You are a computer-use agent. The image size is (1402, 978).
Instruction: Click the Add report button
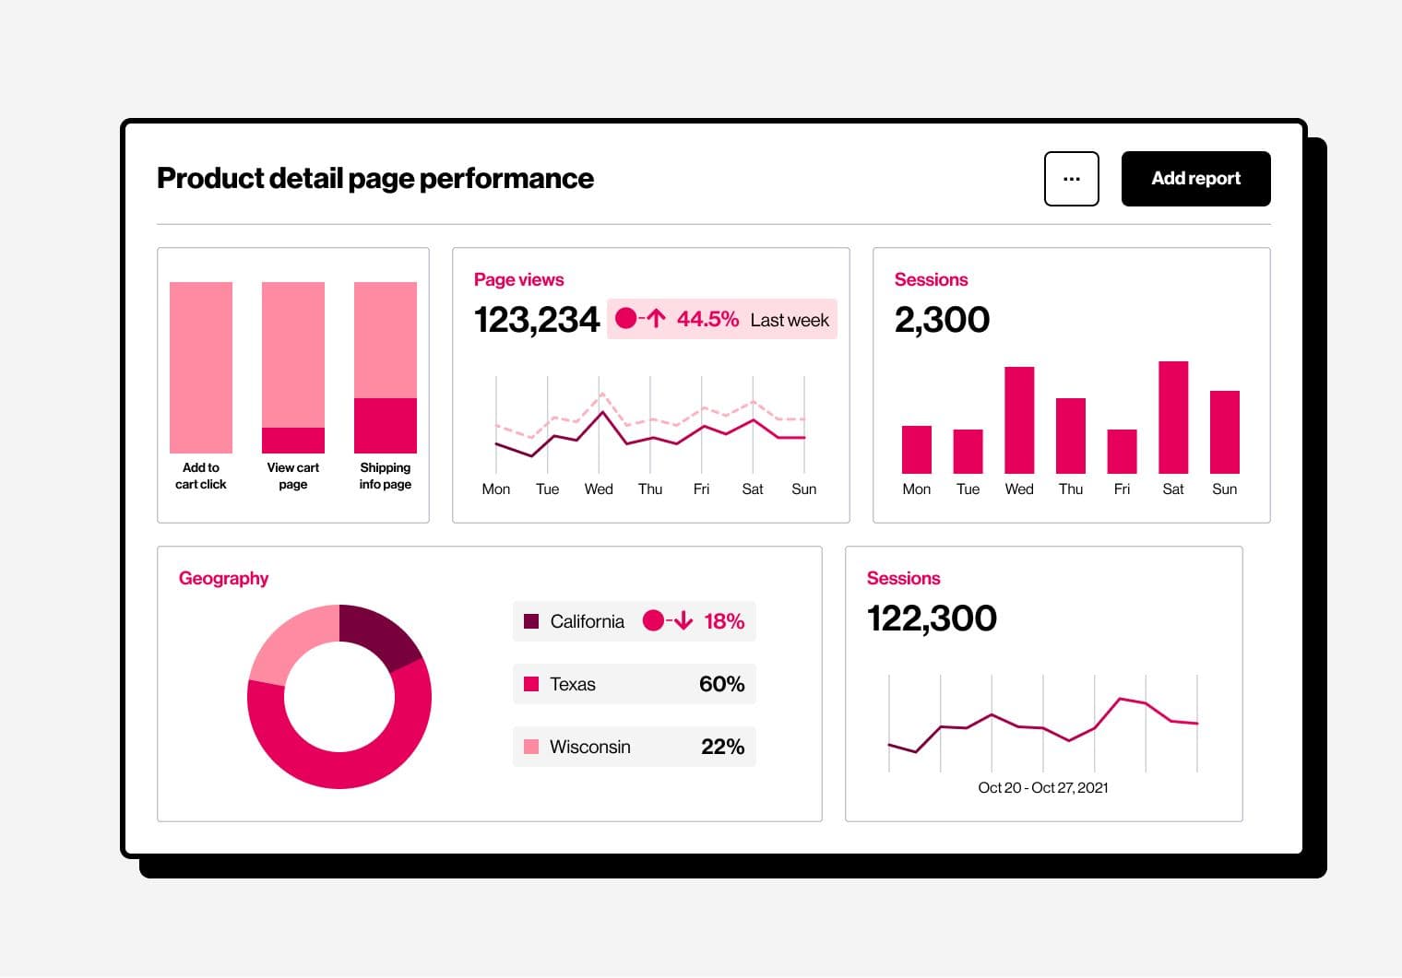click(x=1195, y=179)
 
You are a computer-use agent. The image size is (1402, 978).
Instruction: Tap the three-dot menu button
click(x=1071, y=179)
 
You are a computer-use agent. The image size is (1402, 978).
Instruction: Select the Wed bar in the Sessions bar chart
click(x=1019, y=420)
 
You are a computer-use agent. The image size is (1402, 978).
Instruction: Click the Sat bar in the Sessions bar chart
click(x=1173, y=418)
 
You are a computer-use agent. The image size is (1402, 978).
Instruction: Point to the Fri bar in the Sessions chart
click(x=1122, y=452)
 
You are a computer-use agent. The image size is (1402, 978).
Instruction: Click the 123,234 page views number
click(x=537, y=320)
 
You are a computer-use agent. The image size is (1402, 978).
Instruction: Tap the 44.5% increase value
click(x=707, y=320)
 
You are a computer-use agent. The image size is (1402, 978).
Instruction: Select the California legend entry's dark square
click(x=531, y=621)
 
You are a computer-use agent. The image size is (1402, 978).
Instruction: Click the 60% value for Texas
click(x=721, y=684)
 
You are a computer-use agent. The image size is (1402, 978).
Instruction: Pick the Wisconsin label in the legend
click(x=589, y=747)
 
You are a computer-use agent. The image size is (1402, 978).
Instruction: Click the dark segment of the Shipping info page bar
click(x=386, y=426)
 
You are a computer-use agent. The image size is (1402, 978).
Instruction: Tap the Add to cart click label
click(x=201, y=476)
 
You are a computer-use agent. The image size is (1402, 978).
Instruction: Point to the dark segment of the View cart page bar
click(x=293, y=441)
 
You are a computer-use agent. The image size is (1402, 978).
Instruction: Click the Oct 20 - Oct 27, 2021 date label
click(x=1042, y=787)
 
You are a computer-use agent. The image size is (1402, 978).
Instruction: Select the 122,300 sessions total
click(x=932, y=619)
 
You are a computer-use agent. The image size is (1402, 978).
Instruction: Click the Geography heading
click(x=223, y=578)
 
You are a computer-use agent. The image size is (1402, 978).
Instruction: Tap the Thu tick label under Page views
click(x=650, y=489)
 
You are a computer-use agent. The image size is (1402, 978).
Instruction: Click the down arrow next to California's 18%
click(x=683, y=621)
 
